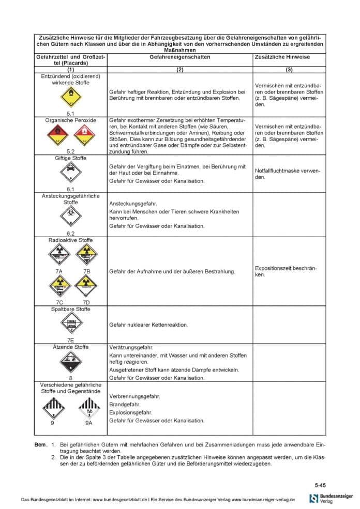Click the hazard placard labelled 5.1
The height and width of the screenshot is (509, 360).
point(71,97)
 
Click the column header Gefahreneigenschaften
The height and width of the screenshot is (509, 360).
point(179,57)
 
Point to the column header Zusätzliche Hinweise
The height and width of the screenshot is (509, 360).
point(282,57)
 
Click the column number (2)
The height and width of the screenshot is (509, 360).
point(179,69)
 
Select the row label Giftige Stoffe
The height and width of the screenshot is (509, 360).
point(71,158)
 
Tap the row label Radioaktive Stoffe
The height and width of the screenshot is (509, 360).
point(71,240)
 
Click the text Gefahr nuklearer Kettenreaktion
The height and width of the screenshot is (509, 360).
point(148,325)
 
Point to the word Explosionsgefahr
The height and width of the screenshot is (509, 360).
point(130,412)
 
